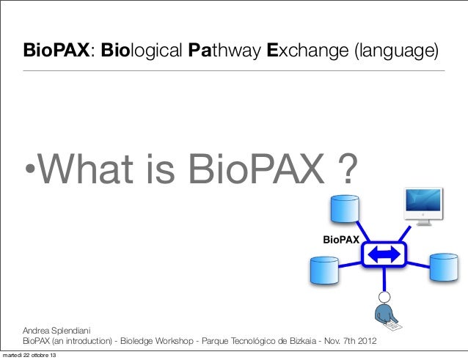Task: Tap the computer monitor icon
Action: click(x=424, y=206)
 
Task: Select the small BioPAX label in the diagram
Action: click(x=342, y=240)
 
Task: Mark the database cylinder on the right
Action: click(x=445, y=270)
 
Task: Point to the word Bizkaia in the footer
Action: click(x=330, y=342)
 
